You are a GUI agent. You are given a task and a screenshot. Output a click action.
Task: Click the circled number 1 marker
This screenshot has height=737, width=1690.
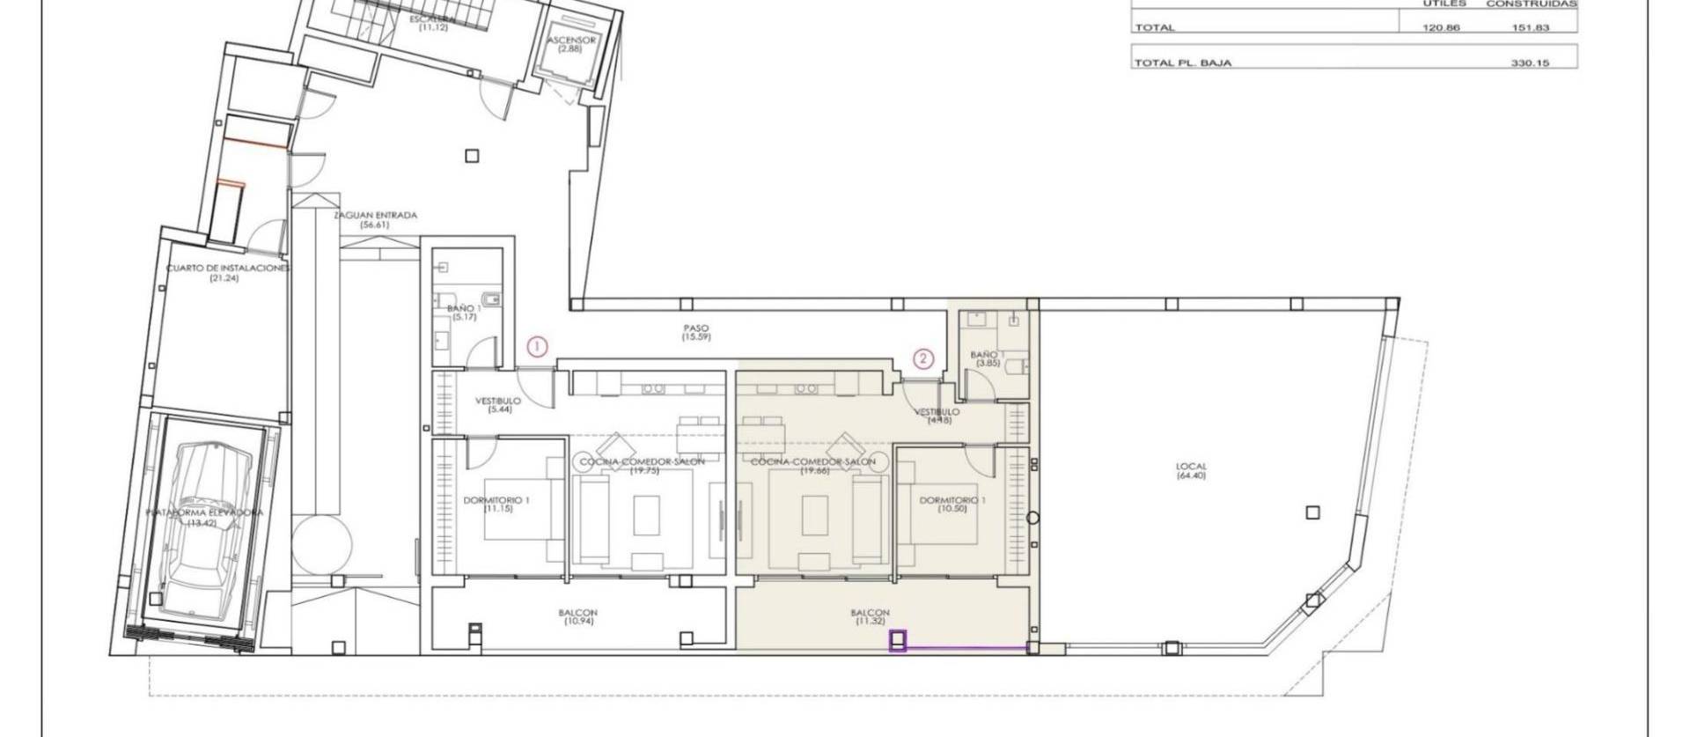pyautogui.click(x=537, y=346)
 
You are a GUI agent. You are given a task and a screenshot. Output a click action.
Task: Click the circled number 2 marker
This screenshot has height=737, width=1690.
pyautogui.click(x=922, y=357)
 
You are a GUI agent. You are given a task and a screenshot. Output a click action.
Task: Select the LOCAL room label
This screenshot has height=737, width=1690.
pyautogui.click(x=1190, y=471)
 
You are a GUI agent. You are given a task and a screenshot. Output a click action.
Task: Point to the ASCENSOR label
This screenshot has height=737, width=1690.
pyautogui.click(x=571, y=41)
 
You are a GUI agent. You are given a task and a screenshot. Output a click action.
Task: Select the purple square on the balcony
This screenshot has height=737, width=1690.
pyautogui.click(x=898, y=642)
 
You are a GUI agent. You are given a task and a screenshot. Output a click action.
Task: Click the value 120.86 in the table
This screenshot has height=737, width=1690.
pyautogui.click(x=1441, y=27)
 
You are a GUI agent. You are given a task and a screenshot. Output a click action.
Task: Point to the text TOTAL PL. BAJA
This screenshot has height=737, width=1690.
pyautogui.click(x=1182, y=63)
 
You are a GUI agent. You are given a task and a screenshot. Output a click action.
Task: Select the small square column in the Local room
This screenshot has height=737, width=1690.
pyautogui.click(x=1312, y=512)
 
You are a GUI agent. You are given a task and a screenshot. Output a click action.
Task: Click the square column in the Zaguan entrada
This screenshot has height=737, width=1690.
pyautogui.click(x=473, y=156)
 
